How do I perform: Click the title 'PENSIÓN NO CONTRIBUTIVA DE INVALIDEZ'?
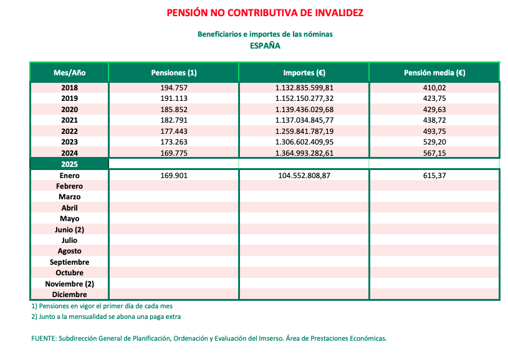[x=265, y=12]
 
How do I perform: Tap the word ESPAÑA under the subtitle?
[x=265, y=45]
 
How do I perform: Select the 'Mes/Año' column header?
[x=69, y=73]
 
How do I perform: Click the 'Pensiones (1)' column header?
[x=174, y=73]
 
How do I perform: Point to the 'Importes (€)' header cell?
[x=304, y=73]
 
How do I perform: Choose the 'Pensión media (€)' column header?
[x=434, y=73]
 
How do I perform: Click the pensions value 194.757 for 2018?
[x=174, y=88]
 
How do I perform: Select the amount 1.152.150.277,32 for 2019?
[x=304, y=98]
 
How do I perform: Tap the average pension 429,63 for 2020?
[x=434, y=110]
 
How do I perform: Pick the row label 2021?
[x=69, y=120]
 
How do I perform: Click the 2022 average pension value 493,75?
[x=434, y=131]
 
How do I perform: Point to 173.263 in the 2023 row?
[x=174, y=142]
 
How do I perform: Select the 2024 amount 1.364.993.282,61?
[x=304, y=153]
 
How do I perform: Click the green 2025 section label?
[x=69, y=164]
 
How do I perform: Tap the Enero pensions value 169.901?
[x=174, y=176]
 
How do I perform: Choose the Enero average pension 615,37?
[x=434, y=176]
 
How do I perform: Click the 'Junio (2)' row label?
[x=69, y=229]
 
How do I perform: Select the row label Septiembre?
[x=69, y=262]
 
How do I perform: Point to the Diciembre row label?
[x=69, y=295]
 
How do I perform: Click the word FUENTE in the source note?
[x=43, y=339]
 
